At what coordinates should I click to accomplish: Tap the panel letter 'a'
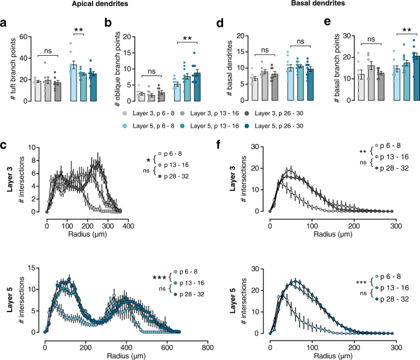(x=4, y=25)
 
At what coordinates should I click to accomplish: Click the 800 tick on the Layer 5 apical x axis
(x=208, y=347)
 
